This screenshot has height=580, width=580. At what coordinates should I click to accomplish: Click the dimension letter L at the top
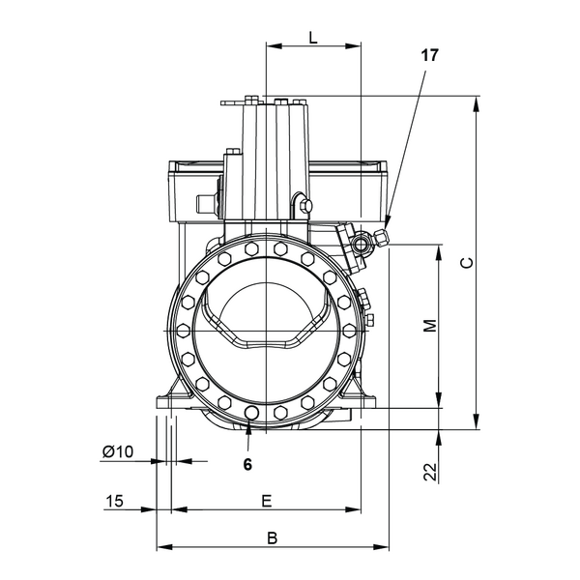(x=313, y=38)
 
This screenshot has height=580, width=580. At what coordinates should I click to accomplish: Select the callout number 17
(x=429, y=55)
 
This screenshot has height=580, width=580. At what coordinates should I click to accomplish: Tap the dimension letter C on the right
(x=467, y=263)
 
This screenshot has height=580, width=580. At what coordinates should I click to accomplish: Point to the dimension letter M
(x=430, y=326)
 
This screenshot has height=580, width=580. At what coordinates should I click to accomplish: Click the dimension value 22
(x=430, y=472)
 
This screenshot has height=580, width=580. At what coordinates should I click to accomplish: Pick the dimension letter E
(x=267, y=501)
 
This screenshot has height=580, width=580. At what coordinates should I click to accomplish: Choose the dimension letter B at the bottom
(x=273, y=538)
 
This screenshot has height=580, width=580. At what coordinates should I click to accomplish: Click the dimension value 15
(x=114, y=501)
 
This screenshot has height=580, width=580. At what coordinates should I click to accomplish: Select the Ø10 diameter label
(x=117, y=451)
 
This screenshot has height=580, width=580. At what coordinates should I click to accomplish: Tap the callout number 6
(x=247, y=464)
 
